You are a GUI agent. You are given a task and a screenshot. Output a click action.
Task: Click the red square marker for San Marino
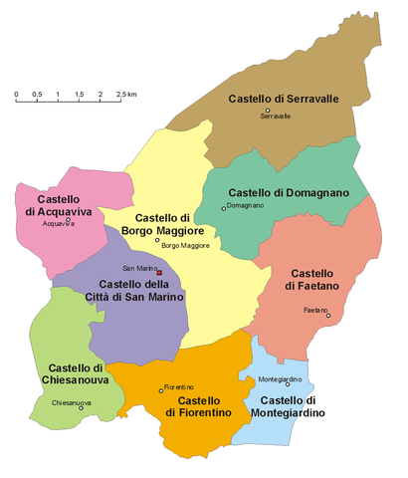[159, 272]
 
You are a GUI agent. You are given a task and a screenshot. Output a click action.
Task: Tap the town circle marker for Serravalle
[268, 110]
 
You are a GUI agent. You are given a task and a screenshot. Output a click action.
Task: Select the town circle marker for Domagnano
[224, 208]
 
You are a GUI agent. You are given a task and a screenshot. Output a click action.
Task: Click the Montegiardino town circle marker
[288, 384]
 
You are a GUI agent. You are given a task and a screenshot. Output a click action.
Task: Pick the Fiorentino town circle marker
[161, 389]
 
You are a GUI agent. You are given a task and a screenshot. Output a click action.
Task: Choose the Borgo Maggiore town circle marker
[156, 240]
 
